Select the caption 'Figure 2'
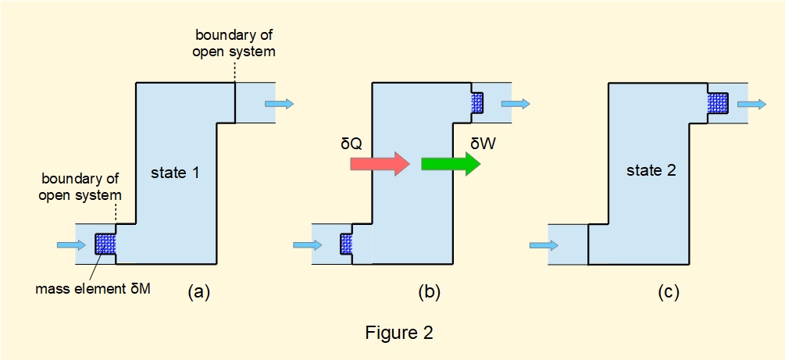coord(398,333)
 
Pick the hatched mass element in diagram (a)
coord(105,244)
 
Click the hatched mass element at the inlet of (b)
coord(346,244)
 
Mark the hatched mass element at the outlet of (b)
coord(477,102)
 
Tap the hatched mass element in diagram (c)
coord(718,102)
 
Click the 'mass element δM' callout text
coord(93,289)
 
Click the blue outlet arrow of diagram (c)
coord(754,103)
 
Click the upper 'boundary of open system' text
coord(234,44)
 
